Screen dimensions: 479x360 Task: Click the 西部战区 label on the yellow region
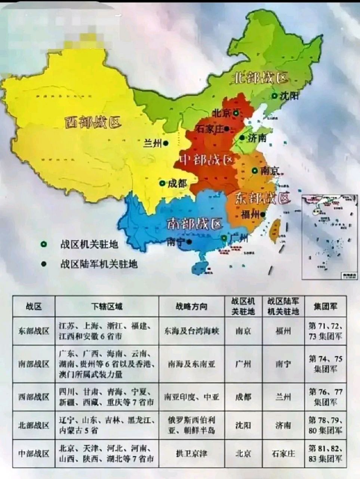[92, 122]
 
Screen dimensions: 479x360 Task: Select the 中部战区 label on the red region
[206, 160]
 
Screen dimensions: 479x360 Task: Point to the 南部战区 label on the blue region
[194, 224]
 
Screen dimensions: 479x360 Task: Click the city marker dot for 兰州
[165, 143]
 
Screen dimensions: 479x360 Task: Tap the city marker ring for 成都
[162, 183]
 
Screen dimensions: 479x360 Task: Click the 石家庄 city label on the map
[209, 129]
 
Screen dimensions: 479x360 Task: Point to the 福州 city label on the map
[250, 215]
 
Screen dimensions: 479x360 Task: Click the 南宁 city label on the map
[176, 241]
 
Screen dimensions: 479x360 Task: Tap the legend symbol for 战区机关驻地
[44, 244]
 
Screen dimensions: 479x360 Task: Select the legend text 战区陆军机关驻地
[99, 264]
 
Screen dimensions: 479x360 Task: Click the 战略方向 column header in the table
[191, 306]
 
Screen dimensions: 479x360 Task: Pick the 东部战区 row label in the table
[34, 331]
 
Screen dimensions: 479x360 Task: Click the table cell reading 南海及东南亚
[191, 364]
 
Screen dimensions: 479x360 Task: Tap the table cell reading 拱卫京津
[191, 454]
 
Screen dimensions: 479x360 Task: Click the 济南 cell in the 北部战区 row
[283, 425]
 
